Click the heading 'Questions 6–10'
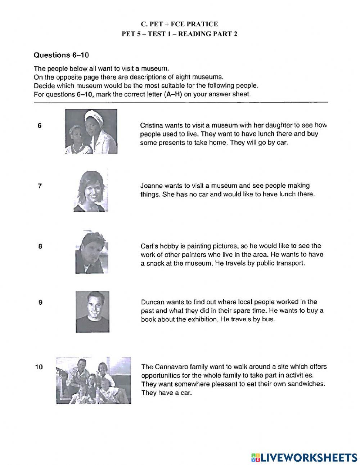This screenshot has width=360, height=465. pos(61,55)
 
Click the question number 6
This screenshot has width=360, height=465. pos(40,126)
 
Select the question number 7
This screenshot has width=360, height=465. pos(40,186)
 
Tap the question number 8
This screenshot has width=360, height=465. pos(40,247)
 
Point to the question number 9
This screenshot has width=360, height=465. pos(40,303)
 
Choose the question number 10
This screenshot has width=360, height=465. pos(39,367)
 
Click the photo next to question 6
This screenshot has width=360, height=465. pos(91,131)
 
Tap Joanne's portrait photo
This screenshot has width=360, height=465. pos(89,191)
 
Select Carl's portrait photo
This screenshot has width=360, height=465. pos(92,252)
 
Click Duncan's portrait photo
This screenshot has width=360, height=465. pos(93,312)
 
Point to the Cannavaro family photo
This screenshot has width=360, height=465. pos(93,380)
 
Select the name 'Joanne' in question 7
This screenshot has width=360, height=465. pos(151,186)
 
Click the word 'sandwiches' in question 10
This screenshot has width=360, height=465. pos(307,384)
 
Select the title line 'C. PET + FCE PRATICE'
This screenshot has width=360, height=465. pos(179,24)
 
